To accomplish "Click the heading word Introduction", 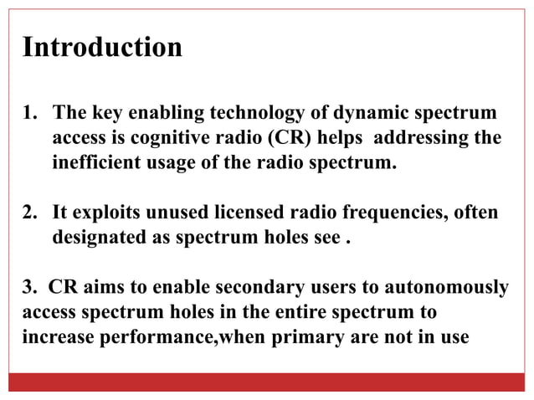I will [102, 47].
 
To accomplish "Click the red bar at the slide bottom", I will [267, 382].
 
